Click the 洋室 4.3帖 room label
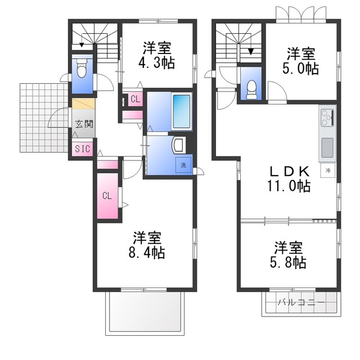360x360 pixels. tap(157, 55)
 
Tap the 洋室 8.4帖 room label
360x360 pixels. tap(147, 245)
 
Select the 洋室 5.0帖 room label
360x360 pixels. tap(300, 61)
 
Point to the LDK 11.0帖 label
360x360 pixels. tap(289, 179)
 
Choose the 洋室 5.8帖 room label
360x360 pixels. tap(288, 255)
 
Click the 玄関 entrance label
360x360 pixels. tap(84, 124)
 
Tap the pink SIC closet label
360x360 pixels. tap(83, 148)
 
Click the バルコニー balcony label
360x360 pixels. tap(301, 302)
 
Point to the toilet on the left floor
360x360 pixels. tap(81, 68)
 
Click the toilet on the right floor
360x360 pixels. tap(251, 89)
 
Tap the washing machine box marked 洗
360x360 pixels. tap(183, 165)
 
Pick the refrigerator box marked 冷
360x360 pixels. tap(328, 170)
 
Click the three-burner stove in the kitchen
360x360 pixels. tap(327, 118)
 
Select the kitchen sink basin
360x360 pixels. tap(327, 147)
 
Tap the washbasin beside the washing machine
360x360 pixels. tap(179, 145)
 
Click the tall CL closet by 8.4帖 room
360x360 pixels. tap(107, 196)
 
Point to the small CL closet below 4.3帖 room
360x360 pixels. tap(135, 99)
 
